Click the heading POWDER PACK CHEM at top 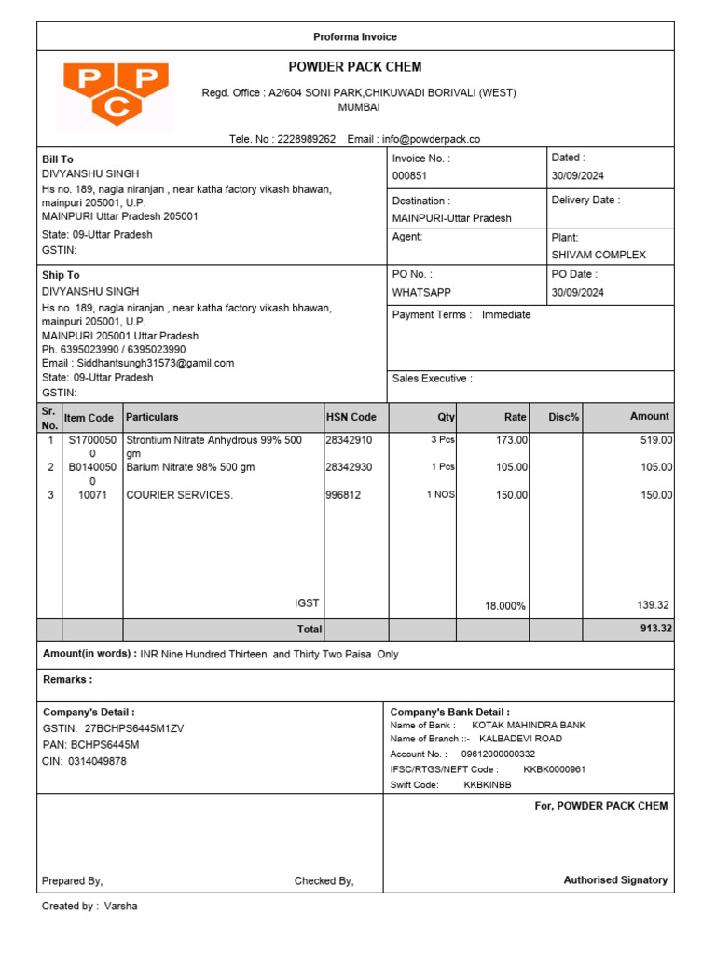tap(355, 67)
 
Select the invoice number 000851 tap(409, 176)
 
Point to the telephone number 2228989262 tap(307, 139)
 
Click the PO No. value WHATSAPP tap(421, 292)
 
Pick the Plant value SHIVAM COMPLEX tap(599, 255)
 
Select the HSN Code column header tap(351, 417)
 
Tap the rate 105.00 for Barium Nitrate tap(511, 467)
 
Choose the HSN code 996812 tap(344, 495)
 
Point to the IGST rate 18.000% tap(505, 606)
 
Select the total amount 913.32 tap(655, 629)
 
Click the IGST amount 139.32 tap(653, 605)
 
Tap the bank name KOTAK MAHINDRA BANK tap(529, 725)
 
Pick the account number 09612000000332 tap(498, 754)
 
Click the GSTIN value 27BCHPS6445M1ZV tap(134, 728)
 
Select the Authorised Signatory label tap(615, 879)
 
